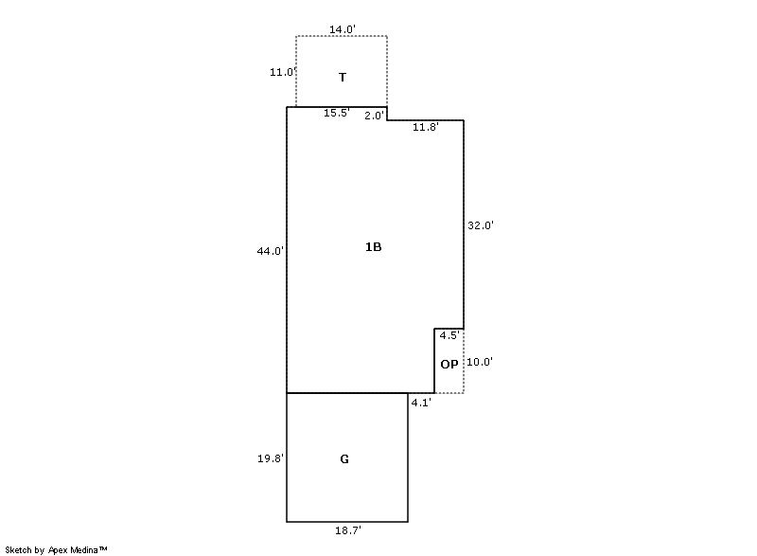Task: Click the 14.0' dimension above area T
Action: pyautogui.click(x=343, y=29)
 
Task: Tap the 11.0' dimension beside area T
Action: pyautogui.click(x=282, y=72)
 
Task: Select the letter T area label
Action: pyautogui.click(x=343, y=78)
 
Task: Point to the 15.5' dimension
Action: pyautogui.click(x=337, y=113)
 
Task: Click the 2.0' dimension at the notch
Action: pyautogui.click(x=374, y=116)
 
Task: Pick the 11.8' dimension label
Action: pyautogui.click(x=425, y=127)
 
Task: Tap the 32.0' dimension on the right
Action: pyautogui.click(x=481, y=225)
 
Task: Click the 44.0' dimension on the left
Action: pyautogui.click(x=271, y=251)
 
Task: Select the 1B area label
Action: pyautogui.click(x=373, y=247)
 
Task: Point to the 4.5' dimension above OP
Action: pyautogui.click(x=449, y=335)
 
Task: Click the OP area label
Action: pyautogui.click(x=449, y=365)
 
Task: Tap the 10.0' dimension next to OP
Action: pyautogui.click(x=480, y=362)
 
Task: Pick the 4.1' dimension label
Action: pyautogui.click(x=421, y=403)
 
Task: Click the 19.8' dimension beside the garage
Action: pyautogui.click(x=271, y=458)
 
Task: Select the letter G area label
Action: pyautogui.click(x=344, y=458)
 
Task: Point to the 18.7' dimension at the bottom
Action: pyautogui.click(x=348, y=530)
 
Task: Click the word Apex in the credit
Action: pyautogui.click(x=59, y=550)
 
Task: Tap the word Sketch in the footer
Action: pyautogui.click(x=19, y=549)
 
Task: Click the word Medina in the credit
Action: pyautogui.click(x=84, y=549)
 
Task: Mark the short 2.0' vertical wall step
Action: pyautogui.click(x=387, y=114)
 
